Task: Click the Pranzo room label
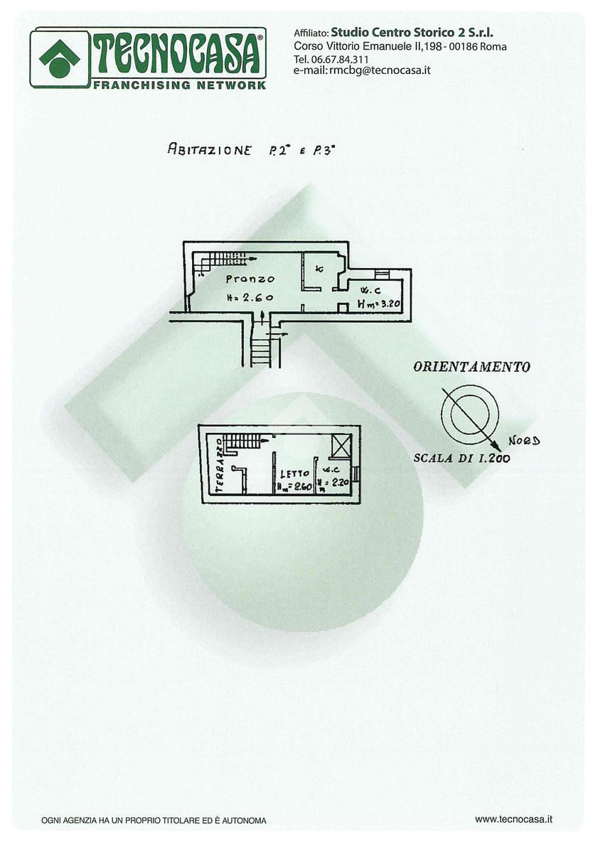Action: coord(246,279)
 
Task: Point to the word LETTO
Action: coord(294,473)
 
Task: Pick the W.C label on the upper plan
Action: coord(369,290)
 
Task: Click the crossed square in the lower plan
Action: coord(341,446)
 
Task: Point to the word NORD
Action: coord(525,441)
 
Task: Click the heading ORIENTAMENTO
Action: coord(471,368)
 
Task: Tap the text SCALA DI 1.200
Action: coord(461,458)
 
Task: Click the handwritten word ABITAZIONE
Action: coord(209,149)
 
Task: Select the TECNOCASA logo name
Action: coord(178,54)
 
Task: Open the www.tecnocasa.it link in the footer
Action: coord(514,820)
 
